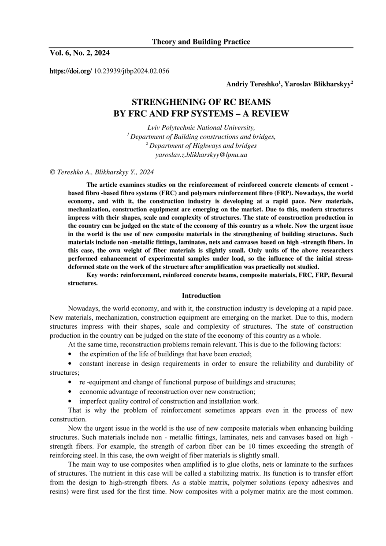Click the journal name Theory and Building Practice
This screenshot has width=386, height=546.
pos(201,42)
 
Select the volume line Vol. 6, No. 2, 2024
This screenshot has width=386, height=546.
pos(80,53)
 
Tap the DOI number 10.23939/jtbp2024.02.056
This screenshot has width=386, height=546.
pos(132,70)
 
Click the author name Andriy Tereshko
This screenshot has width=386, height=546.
pos(252,84)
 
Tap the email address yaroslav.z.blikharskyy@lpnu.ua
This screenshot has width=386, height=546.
pos(201,155)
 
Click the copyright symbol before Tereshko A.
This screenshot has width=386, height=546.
pos(53,172)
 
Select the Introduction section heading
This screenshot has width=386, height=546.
pos(201,295)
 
